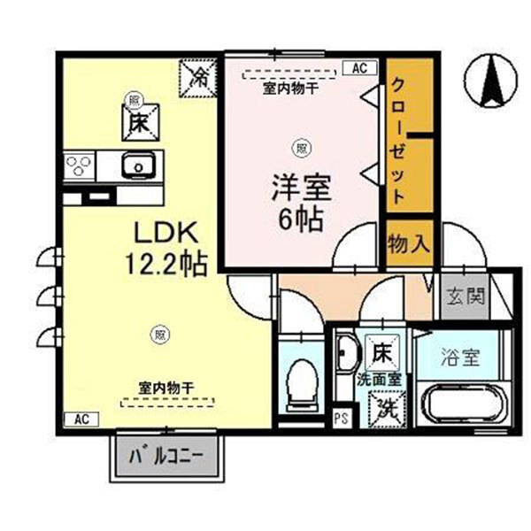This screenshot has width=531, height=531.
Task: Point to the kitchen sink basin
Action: pos(138,165)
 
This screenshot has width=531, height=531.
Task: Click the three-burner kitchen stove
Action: pos(80,165)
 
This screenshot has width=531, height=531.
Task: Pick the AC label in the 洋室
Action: pos(360,67)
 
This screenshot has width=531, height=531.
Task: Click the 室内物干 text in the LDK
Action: pos(166,387)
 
